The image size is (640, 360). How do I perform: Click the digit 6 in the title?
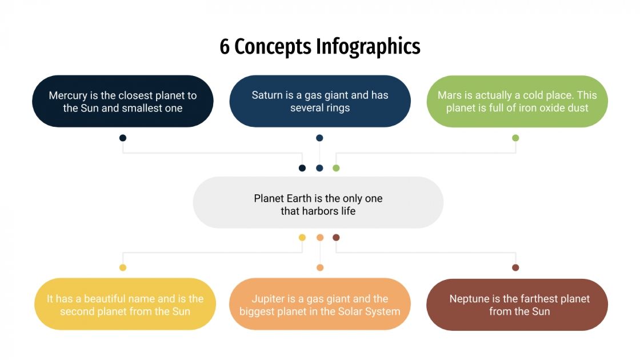(225, 47)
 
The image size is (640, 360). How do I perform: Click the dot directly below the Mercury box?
(123, 138)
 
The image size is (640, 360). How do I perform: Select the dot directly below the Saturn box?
(319, 138)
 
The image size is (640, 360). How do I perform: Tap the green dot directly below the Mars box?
(515, 138)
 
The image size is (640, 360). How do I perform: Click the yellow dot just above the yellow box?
(123, 267)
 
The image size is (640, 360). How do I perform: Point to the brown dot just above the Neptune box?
(515, 267)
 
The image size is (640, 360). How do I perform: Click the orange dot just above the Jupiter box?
(320, 267)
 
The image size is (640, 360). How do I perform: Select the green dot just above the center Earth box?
(336, 168)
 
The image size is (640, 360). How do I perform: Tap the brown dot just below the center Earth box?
(336, 237)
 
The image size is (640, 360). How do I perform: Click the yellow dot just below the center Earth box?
(302, 237)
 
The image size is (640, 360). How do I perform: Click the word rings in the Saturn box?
(338, 107)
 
